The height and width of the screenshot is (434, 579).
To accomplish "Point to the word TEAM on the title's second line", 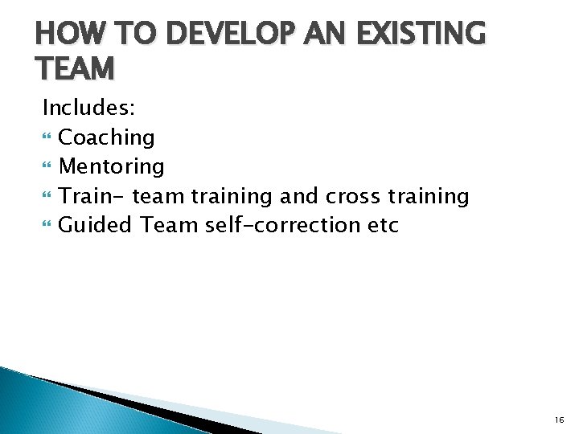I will pos(76,69).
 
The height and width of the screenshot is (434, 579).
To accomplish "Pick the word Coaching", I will pos(107,137).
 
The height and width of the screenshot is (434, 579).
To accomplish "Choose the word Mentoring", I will pos(112,166).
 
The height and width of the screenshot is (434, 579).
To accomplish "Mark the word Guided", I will pos(95,225).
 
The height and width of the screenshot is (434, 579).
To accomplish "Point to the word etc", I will pos(383,225).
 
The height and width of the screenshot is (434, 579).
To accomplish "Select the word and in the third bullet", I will pos(300,196).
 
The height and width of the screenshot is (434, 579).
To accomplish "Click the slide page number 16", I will pos(559,420).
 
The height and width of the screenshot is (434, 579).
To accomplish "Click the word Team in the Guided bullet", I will pos(169,225).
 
